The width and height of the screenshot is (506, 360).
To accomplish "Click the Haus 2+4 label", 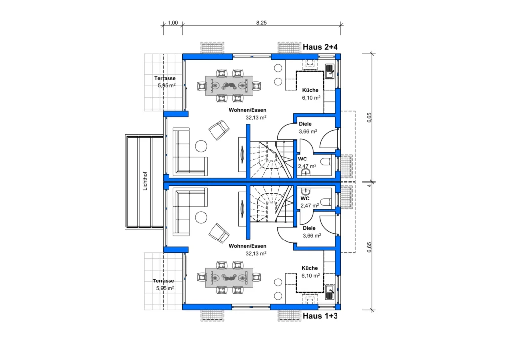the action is coord(320,47).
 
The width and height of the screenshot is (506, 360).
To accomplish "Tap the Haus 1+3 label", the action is coord(320,316).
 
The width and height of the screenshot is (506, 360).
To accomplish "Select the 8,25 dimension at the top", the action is coord(262,23).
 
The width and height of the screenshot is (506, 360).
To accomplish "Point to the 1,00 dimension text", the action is coord(173,23).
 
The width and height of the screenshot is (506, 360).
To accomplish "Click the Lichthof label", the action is coord(145,181).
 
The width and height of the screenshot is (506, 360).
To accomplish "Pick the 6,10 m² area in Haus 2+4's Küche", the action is coord(311,97).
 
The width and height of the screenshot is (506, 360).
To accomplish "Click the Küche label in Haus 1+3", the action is coord(310,268).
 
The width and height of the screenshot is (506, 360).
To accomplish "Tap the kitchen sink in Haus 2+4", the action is coord(330,71).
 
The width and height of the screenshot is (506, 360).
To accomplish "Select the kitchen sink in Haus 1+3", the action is coord(330,292).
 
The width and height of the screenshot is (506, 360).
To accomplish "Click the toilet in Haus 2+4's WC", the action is coord(325,161).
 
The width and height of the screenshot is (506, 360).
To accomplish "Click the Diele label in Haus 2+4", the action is coord(305,124).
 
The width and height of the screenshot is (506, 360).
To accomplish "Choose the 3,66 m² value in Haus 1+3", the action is coord(312,235).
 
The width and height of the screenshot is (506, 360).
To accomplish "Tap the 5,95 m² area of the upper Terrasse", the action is coord(167,85).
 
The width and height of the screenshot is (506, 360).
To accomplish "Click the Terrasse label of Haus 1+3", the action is coord(163,280).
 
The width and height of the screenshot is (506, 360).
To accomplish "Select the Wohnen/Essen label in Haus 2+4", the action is coord(248,110).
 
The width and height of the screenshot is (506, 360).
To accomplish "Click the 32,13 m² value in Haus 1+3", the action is coord(256,253).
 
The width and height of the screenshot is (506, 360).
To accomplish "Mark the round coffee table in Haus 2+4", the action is coord(201,146).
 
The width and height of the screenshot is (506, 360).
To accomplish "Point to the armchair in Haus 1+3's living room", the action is coord(219,233).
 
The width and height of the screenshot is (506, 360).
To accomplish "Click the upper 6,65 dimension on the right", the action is coord(369,118).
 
